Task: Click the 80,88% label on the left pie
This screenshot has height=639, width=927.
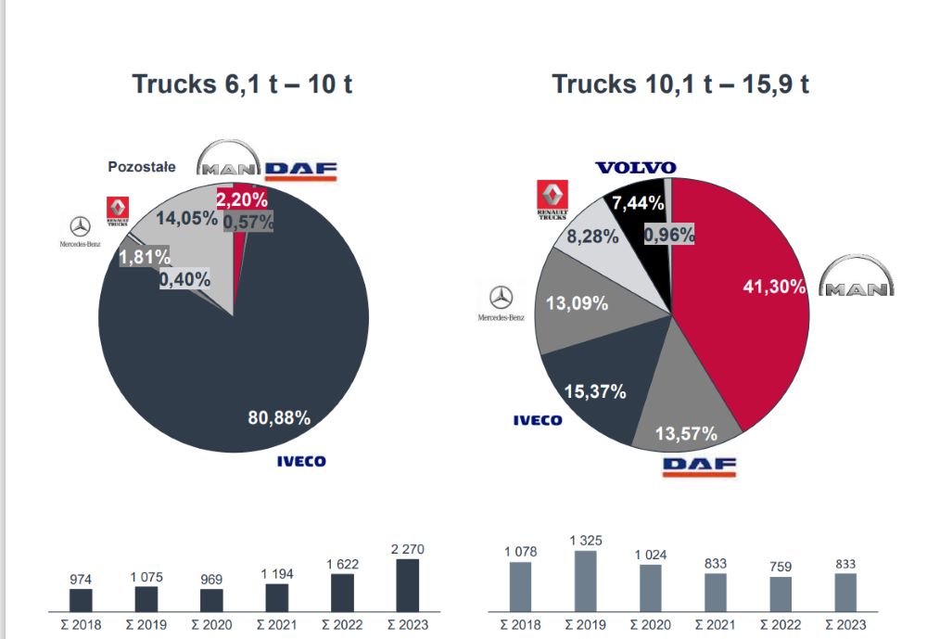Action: click(x=278, y=417)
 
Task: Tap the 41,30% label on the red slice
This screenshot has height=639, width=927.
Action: click(x=774, y=287)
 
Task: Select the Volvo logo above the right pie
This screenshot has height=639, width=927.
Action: click(x=636, y=168)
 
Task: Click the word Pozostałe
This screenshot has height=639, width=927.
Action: click(x=141, y=167)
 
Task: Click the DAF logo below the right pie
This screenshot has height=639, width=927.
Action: click(x=699, y=466)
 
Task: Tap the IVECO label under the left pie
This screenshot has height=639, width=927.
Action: click(x=301, y=461)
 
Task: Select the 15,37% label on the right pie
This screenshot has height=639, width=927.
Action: click(x=595, y=391)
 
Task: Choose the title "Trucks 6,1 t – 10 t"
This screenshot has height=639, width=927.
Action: click(x=242, y=84)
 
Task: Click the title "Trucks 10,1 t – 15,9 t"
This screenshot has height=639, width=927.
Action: click(x=680, y=84)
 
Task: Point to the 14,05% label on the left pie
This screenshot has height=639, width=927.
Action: click(x=186, y=219)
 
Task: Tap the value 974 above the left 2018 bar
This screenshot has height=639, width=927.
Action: click(x=82, y=579)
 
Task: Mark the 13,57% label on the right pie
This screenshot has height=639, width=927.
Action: click(x=686, y=434)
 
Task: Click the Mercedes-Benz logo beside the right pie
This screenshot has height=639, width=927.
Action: click(x=501, y=303)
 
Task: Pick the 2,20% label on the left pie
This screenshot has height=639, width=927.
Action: click(x=242, y=198)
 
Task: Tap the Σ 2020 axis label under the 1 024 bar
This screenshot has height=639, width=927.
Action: click(x=650, y=625)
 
